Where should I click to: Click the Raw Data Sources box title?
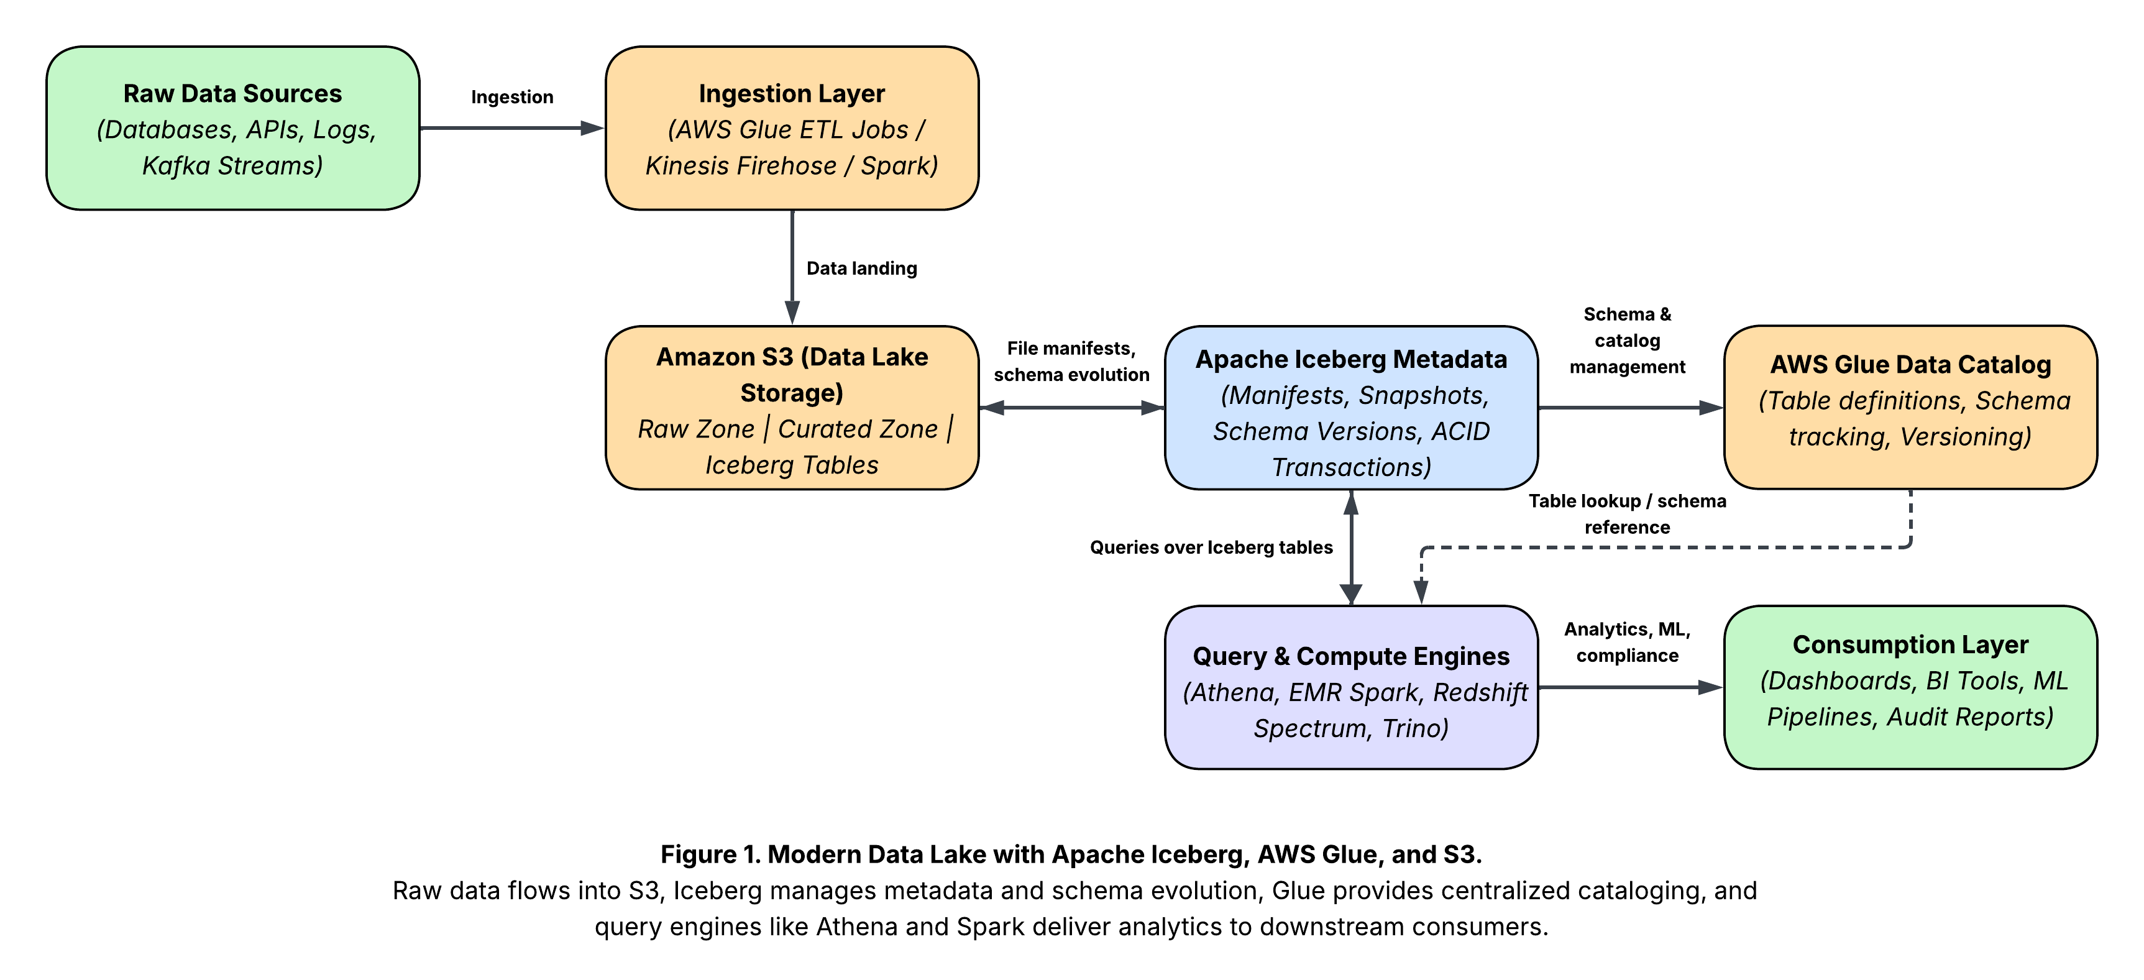pos(232,93)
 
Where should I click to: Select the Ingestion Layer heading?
pos(792,93)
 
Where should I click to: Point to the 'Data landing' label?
pos(861,268)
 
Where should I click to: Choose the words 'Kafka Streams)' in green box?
pos(232,166)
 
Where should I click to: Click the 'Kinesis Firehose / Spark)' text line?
pos(792,166)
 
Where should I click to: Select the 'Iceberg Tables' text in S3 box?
pos(792,465)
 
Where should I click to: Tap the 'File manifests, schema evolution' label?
pos(1071,361)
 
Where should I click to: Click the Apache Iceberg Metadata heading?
pos(1351,359)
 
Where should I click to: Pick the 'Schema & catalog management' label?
pos(1627,341)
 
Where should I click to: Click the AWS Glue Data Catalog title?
pos(1910,364)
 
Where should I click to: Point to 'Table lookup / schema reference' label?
pos(1627,514)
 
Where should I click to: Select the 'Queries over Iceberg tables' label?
pos(1211,547)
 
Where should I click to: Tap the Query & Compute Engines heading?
pos(1351,656)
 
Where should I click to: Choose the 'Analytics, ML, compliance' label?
pos(1627,642)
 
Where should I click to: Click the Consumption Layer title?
pos(1910,644)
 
